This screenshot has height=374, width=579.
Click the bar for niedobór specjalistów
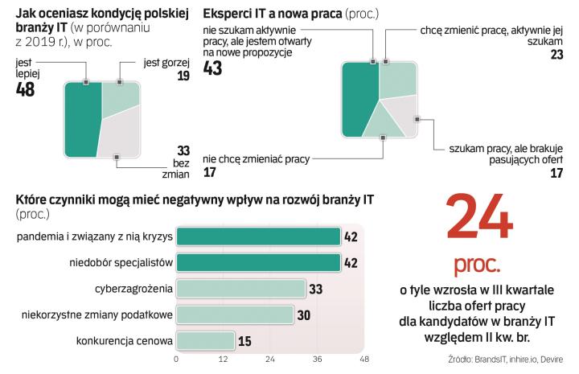258,263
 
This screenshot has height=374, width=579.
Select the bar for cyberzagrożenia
241,289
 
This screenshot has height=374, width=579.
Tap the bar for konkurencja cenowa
206,341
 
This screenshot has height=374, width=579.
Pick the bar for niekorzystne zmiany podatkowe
234,314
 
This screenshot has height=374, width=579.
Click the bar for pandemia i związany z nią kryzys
258,236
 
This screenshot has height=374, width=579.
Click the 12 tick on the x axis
224,360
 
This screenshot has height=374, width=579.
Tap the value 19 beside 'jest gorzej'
183,76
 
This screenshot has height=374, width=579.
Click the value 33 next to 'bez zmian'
183,150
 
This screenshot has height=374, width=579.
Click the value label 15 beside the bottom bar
244,341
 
